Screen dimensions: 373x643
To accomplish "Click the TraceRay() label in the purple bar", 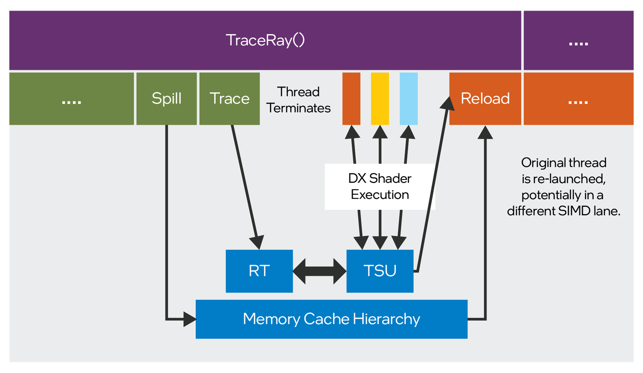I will [265, 40].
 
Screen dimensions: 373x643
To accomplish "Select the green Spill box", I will [167, 98].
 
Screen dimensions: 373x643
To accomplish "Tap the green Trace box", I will [229, 98].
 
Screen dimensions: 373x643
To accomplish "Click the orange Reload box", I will [485, 98].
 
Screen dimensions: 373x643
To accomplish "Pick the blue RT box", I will [259, 271].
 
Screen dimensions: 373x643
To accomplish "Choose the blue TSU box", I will [380, 271].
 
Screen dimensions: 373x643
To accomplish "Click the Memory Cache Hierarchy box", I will [331, 319].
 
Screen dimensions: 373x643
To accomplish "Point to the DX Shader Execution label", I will [380, 186].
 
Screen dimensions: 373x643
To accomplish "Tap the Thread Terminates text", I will [298, 100].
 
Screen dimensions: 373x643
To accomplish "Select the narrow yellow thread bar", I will [380, 98].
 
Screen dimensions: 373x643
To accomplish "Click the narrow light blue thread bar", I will [409, 98].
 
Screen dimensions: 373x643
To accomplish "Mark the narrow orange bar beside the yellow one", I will [351, 98].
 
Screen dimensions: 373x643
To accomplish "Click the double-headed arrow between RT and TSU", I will [320, 271].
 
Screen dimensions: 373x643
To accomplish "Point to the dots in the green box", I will [71, 102].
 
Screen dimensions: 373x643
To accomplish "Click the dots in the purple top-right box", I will [578, 44].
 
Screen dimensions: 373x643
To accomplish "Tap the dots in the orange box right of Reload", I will [578, 102].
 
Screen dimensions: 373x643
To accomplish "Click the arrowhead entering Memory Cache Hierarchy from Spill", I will [189, 319].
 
